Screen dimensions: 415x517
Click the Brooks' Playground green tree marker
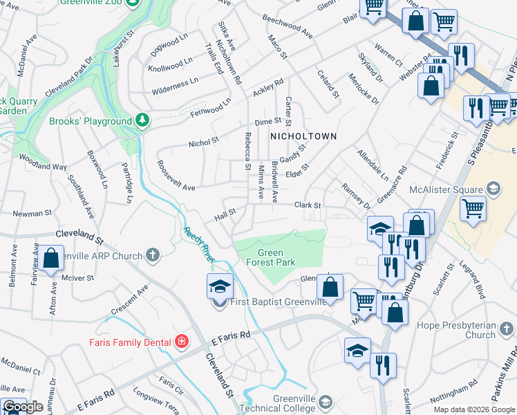click(142, 121)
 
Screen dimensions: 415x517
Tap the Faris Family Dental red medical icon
click(181, 342)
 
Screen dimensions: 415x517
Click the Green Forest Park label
click(271, 257)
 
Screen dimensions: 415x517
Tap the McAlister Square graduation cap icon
click(493, 187)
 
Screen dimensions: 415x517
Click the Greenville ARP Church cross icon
click(152, 255)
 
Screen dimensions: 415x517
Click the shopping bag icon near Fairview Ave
click(51, 259)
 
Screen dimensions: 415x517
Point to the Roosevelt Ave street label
click(176, 187)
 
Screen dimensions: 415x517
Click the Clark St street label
click(308, 205)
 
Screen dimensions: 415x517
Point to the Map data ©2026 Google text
click(474, 409)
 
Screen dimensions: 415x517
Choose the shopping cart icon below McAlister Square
click(473, 207)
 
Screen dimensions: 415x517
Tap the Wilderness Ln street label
click(175, 84)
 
